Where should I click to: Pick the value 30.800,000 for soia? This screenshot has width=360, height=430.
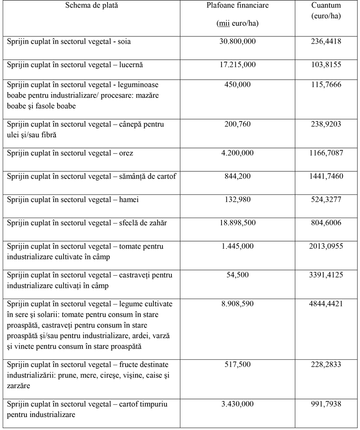tap(237, 41)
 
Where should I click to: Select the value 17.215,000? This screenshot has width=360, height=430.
tap(237, 65)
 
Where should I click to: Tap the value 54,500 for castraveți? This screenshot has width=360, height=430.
tap(237, 274)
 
